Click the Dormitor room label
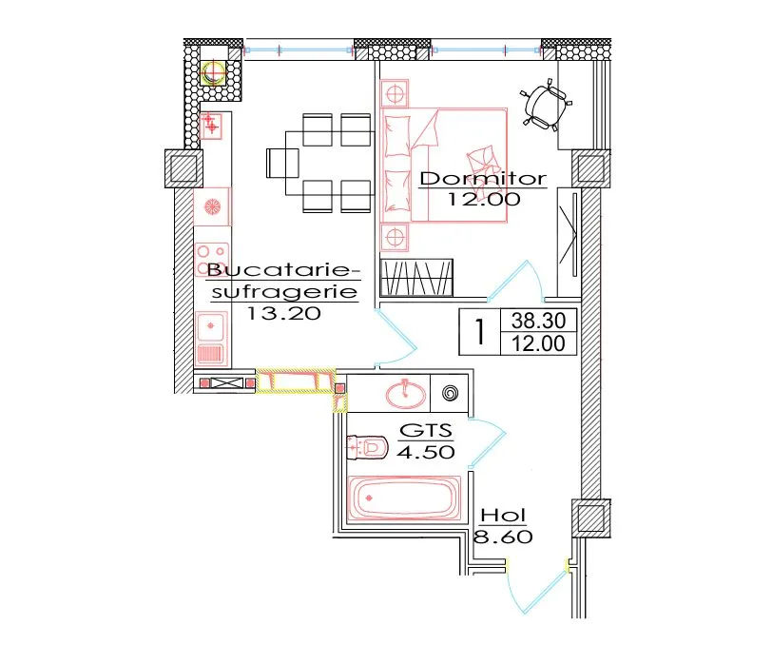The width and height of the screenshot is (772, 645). click(483, 178)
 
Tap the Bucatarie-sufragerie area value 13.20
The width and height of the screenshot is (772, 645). click(283, 313)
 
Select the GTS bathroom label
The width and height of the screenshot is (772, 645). click(426, 431)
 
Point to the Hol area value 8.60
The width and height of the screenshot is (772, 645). click(503, 537)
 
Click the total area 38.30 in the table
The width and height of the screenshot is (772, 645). click(538, 321)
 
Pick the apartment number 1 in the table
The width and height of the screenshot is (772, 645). click(479, 332)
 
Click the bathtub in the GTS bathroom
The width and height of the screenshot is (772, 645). click(405, 498)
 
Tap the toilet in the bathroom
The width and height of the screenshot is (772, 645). click(367, 447)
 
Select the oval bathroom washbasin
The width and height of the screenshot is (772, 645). click(406, 394)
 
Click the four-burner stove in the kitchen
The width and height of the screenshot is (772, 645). click(212, 259)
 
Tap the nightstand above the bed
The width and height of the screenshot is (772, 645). click(395, 92)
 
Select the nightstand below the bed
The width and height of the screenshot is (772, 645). click(395, 237)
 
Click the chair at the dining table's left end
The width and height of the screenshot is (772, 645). click(282, 163)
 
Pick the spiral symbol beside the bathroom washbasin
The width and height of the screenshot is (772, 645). click(451, 393)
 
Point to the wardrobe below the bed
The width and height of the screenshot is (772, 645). click(417, 278)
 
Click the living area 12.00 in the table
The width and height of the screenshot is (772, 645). click(538, 343)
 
